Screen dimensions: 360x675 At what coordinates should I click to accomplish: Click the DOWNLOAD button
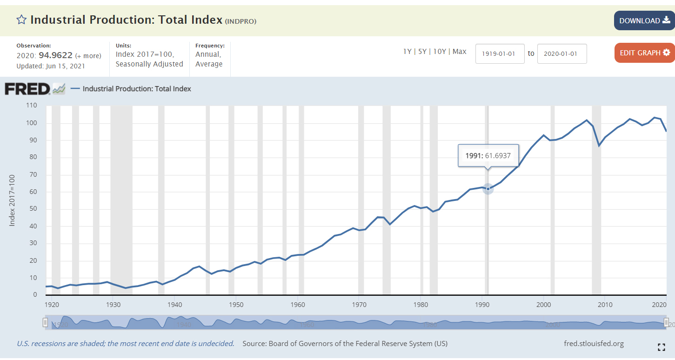pos(644,20)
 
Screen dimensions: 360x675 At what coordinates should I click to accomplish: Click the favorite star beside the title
pos(21,20)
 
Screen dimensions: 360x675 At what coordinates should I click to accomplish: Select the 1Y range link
pos(407,52)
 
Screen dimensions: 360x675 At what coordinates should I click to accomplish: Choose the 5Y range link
pos(422,52)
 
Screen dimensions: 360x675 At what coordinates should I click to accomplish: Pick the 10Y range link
pos(440,52)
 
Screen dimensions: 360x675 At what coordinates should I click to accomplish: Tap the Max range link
pos(459,52)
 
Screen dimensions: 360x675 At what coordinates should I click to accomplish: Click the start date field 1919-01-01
pos(500,53)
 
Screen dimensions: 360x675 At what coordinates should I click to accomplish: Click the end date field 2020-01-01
pos(561,53)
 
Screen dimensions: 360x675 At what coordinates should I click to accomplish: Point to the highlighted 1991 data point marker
pos(488,189)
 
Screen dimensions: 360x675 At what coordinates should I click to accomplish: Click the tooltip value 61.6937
pos(498,156)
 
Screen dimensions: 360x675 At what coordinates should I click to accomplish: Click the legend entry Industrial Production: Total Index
pos(137,89)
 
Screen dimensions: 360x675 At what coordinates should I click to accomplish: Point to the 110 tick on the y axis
pos(31,106)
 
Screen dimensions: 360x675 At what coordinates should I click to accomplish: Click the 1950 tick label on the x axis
pos(236,305)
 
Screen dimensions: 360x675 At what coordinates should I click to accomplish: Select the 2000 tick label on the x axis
pos(543,305)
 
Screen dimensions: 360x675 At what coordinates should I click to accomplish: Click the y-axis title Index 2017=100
pos(13,200)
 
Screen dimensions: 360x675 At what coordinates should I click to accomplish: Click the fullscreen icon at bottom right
pos(661,347)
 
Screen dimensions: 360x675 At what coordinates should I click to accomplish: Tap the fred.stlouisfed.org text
pos(594,344)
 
